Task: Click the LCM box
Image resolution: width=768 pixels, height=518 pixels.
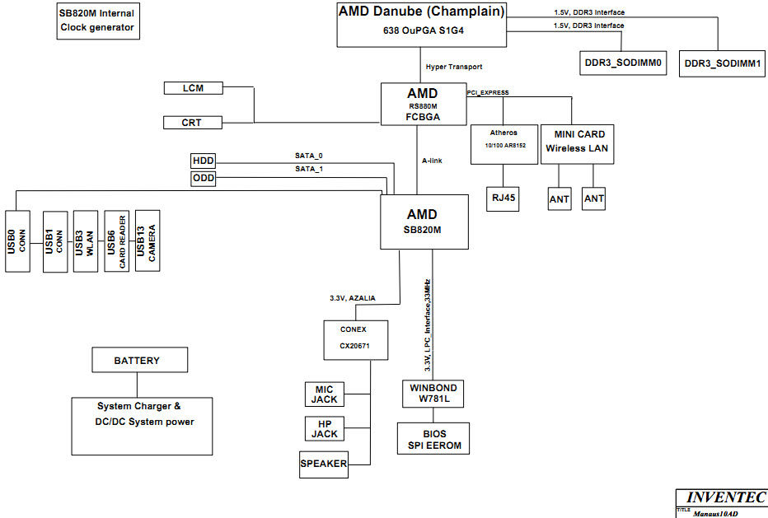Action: pyautogui.click(x=193, y=88)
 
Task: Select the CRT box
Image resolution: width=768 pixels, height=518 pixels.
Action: pyautogui.click(x=193, y=123)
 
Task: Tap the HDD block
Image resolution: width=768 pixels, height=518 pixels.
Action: pyautogui.click(x=204, y=161)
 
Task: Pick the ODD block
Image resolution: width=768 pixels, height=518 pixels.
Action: pyautogui.click(x=204, y=178)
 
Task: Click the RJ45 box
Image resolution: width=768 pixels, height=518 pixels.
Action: pyautogui.click(x=503, y=198)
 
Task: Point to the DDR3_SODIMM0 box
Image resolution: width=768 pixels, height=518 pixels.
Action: pyautogui.click(x=623, y=63)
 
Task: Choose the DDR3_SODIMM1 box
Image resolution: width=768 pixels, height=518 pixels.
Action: pyautogui.click(x=722, y=63)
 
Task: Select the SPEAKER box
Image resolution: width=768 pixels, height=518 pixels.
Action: pyautogui.click(x=324, y=464)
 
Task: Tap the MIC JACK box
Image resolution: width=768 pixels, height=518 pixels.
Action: pyautogui.click(x=324, y=394)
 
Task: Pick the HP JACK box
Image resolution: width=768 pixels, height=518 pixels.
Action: pyautogui.click(x=324, y=429)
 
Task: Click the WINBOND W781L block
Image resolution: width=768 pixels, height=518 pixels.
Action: pyautogui.click(x=433, y=394)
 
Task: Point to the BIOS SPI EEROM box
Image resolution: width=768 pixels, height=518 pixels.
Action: pyautogui.click(x=433, y=439)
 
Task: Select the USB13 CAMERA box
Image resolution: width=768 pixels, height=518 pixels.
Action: pyautogui.click(x=148, y=241)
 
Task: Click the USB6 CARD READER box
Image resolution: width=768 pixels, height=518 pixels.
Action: pyautogui.click(x=116, y=241)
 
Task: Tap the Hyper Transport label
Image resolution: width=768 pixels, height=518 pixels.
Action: pyautogui.click(x=454, y=67)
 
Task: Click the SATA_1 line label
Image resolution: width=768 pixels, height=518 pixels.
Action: pyautogui.click(x=309, y=169)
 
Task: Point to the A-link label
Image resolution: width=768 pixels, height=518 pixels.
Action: pyautogui.click(x=432, y=161)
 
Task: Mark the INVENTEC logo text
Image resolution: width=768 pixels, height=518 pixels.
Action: pyautogui.click(x=726, y=497)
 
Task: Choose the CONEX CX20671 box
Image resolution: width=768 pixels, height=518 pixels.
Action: pyautogui.click(x=356, y=340)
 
